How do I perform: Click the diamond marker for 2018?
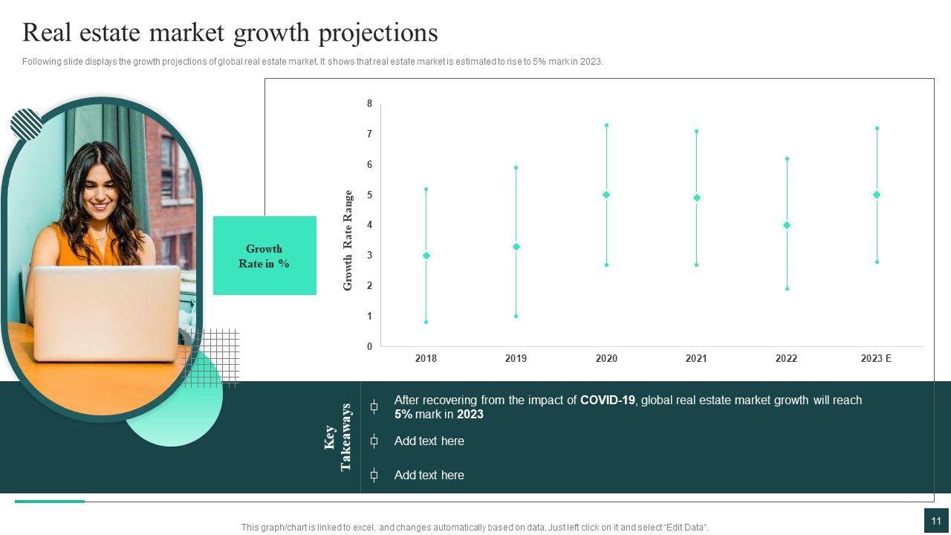[x=426, y=256]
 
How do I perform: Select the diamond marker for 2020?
[x=606, y=195]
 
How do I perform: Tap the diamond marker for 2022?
[x=787, y=225]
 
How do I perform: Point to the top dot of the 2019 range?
[x=516, y=168]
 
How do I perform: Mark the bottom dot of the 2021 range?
[x=696, y=265]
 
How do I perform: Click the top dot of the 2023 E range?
[x=877, y=129]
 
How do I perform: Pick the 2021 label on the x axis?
[x=696, y=358]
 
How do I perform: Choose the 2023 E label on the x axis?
[x=876, y=358]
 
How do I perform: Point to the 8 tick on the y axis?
[x=369, y=103]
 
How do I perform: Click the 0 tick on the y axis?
[x=369, y=347]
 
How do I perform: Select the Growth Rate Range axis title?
[x=348, y=240]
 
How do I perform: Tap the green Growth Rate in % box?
[x=264, y=256]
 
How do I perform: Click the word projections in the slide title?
[x=378, y=33]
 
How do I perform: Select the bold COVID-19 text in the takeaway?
[x=607, y=400]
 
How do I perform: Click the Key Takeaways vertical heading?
[x=338, y=437]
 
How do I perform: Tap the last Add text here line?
[x=429, y=475]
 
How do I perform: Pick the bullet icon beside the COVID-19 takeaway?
[x=374, y=406]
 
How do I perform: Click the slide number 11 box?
[x=936, y=521]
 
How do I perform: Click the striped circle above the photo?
[x=27, y=124]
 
